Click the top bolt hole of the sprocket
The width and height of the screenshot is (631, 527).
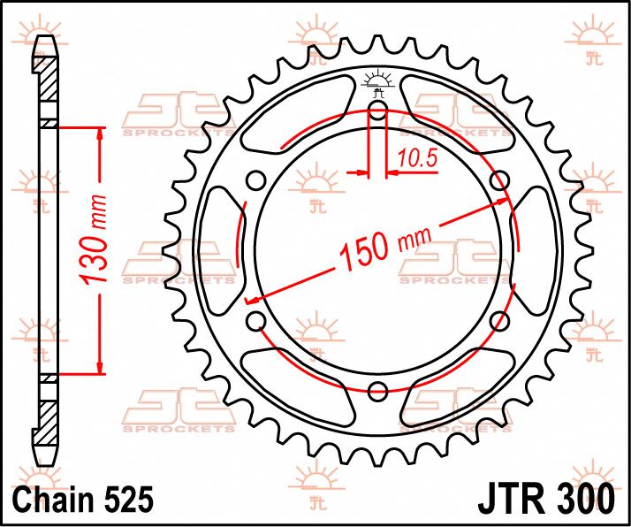coord(378,111)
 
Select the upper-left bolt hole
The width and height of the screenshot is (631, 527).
coord(256,181)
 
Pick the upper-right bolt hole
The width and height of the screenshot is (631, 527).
coord(499,181)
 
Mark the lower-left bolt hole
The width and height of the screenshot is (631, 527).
coord(256,320)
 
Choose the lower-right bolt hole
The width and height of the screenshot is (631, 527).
coord(500,320)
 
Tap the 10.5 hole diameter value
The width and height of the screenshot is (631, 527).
coord(413,159)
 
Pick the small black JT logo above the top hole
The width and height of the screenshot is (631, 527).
coord(378,81)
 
